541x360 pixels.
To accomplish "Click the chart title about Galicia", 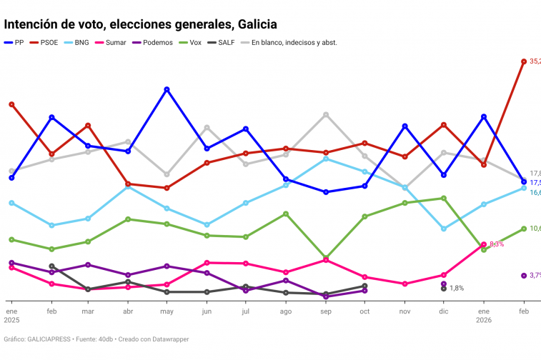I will pos(140,25).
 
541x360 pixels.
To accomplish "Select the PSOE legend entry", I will pos(48,43).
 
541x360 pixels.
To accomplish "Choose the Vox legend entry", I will pos(194,43).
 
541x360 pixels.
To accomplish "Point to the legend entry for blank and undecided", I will pos(293,43).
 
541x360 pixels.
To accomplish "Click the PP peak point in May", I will pos(167,89).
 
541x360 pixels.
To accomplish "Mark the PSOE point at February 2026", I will pos(524,61).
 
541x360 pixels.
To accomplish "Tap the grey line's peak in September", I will pos(326,114).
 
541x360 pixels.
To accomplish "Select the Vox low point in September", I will pos(326,257).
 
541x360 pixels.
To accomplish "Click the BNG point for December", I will pos(444,229).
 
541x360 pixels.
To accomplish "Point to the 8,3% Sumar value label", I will pos(497,244).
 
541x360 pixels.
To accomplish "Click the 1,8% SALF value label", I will pos(457,289).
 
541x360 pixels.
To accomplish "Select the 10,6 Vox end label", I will pos(536,229).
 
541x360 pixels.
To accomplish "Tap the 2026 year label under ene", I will pos(484,321).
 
